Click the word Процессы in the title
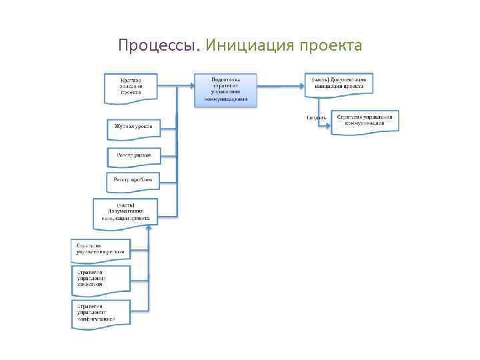tap(158, 46)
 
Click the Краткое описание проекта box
tap(131, 87)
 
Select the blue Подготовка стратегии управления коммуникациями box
tap(225, 89)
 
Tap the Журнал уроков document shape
tap(133, 127)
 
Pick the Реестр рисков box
tap(133, 156)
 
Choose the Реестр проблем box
tap(133, 180)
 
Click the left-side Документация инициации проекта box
tap(125, 211)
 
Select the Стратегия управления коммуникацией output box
tap(365, 121)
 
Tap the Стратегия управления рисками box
tap(101, 249)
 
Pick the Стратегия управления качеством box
tap(101, 279)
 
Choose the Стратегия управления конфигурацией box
tap(101, 313)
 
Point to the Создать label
tap(316, 118)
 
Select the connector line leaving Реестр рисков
tap(169, 156)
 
